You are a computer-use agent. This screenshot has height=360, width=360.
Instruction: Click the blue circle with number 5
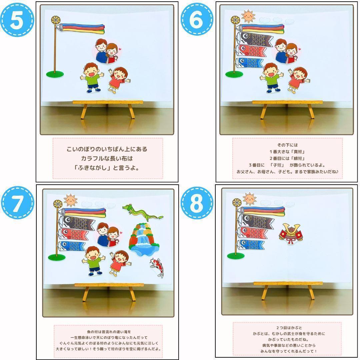tap(17, 20)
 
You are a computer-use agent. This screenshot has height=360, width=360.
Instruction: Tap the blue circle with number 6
tap(197, 19)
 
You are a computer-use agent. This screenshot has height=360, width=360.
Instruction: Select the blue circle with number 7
tap(17, 203)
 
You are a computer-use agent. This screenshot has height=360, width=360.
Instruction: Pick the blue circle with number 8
tap(197, 203)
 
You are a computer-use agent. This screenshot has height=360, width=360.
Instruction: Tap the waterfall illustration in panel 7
tap(144, 239)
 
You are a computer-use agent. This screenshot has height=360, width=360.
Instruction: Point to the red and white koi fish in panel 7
tap(157, 268)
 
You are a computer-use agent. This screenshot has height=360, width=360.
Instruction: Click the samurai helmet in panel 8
tap(291, 234)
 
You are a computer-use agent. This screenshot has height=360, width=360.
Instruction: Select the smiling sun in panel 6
tap(248, 16)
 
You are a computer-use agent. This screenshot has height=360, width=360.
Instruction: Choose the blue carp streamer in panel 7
tap(71, 246)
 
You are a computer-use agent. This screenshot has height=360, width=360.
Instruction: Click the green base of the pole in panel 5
tap(55, 74)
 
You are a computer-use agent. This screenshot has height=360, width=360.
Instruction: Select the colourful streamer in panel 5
tap(80, 28)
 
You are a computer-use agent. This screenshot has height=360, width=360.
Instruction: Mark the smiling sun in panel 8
tap(250, 199)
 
